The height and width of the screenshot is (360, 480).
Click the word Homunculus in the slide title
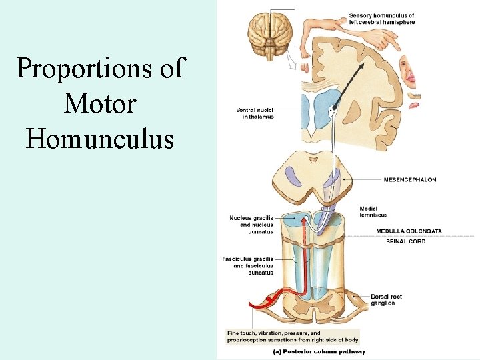click(x=100, y=138)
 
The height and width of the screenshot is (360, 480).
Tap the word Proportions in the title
click(x=100, y=68)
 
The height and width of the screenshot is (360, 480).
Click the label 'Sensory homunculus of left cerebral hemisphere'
click(x=381, y=19)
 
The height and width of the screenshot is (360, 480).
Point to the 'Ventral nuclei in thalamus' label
click(x=255, y=113)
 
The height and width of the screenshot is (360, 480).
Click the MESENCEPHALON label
click(x=409, y=179)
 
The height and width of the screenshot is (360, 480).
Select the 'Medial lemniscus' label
click(x=373, y=212)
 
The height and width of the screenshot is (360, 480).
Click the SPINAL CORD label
click(x=405, y=241)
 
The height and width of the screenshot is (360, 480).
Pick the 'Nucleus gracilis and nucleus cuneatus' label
click(x=251, y=225)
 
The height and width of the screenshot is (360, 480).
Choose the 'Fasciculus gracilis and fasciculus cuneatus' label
click(x=248, y=265)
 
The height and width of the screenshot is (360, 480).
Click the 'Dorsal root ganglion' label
click(x=387, y=299)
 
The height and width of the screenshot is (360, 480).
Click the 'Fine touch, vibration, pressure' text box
click(x=293, y=336)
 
